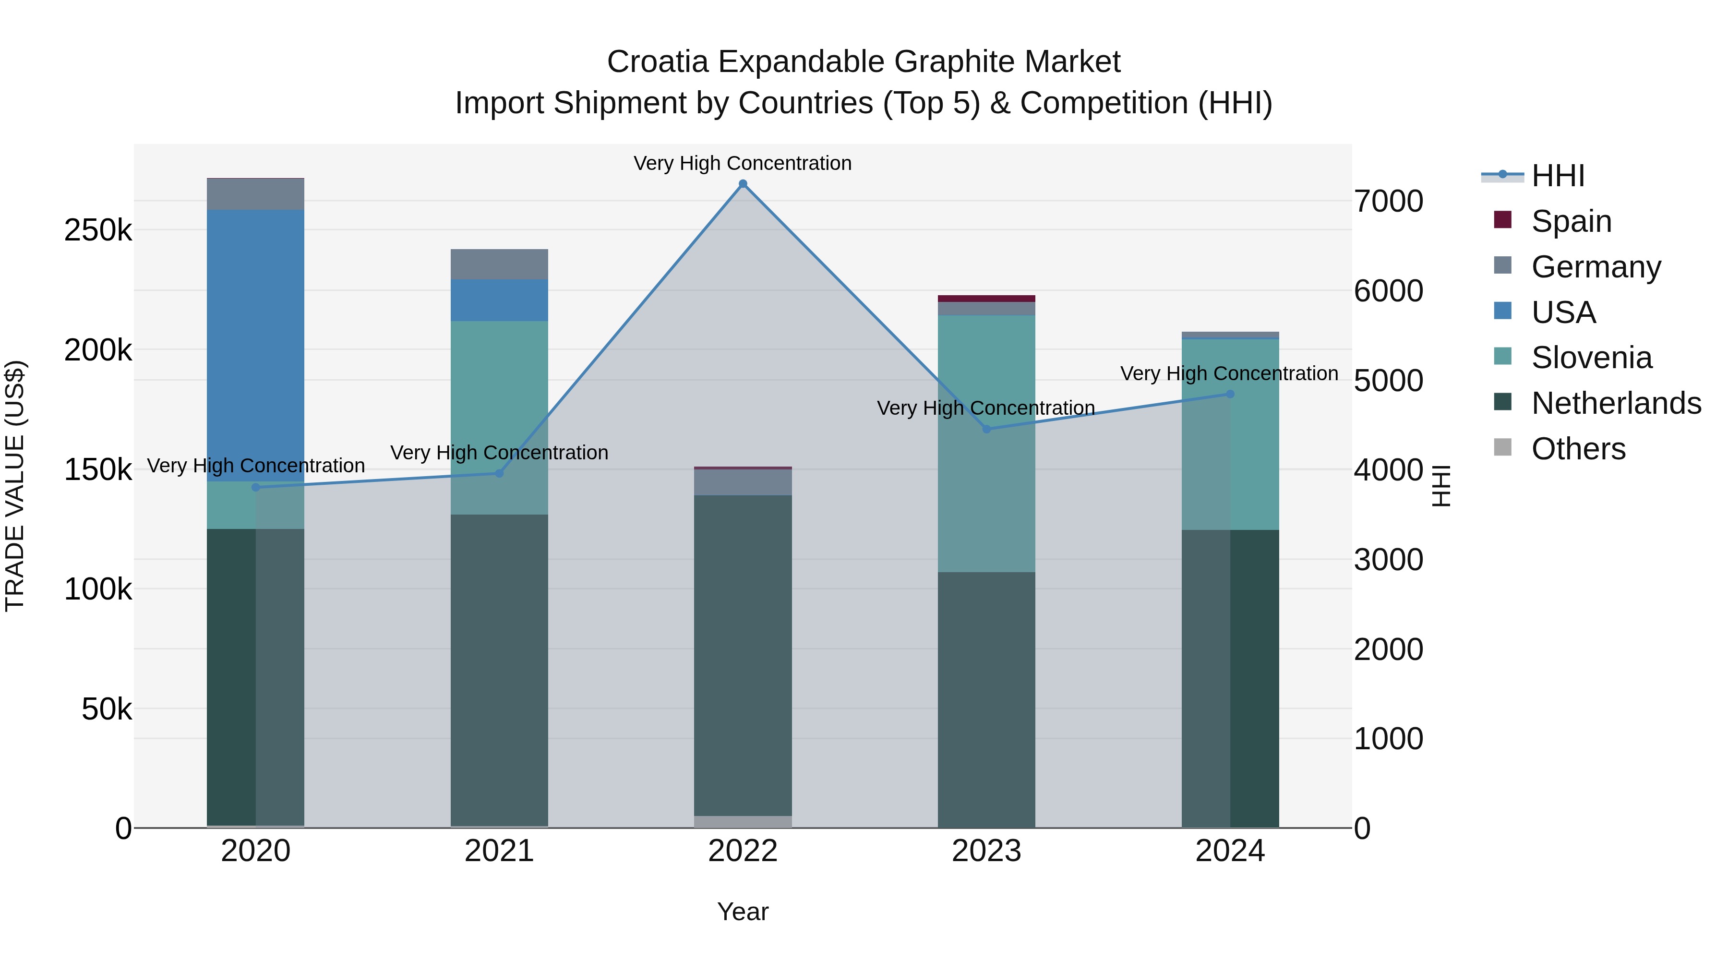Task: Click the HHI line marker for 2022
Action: (743, 184)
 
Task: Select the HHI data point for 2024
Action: (1230, 395)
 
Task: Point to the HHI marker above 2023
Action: (986, 429)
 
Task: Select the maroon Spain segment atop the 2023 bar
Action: (986, 299)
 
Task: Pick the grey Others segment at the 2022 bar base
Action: (743, 822)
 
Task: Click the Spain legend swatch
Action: (1502, 220)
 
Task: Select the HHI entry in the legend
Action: (1558, 176)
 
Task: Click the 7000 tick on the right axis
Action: (1388, 201)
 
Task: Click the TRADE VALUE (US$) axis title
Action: (15, 486)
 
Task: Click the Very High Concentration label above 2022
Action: (743, 163)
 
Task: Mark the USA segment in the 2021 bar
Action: (499, 300)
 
